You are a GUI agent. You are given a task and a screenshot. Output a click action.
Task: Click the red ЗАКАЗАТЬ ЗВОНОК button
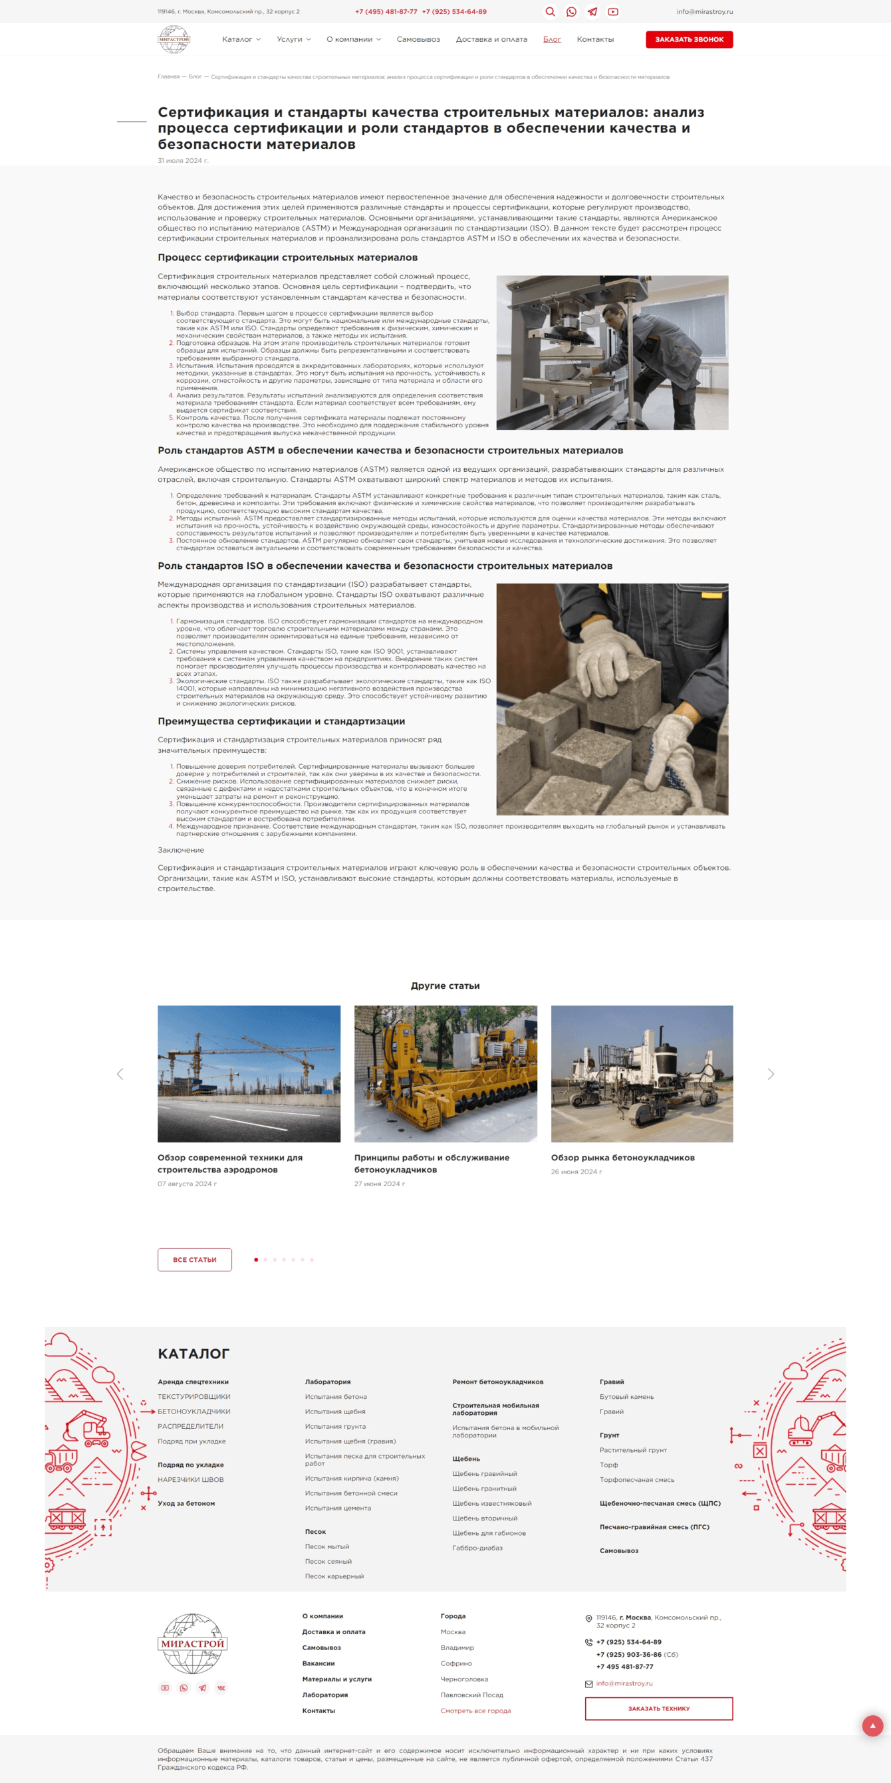coord(689,39)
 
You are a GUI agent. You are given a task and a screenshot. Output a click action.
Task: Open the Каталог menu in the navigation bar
coord(241,39)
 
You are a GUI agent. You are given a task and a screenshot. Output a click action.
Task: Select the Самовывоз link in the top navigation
coord(418,39)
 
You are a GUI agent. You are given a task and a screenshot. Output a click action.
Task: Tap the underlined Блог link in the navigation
coord(552,39)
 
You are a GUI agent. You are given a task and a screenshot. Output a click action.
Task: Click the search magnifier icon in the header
coord(551,12)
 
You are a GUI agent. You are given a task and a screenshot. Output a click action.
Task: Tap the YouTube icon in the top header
coord(612,12)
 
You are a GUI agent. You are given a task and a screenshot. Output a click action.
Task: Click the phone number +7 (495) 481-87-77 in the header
coord(386,12)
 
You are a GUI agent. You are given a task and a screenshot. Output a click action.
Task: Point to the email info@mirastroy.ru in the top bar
coord(704,12)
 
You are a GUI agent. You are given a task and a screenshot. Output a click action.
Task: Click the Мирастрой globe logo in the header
coord(174,39)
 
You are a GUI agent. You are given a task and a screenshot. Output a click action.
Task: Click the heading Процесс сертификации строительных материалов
coord(287,257)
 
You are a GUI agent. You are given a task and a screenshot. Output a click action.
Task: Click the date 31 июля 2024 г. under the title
coord(183,161)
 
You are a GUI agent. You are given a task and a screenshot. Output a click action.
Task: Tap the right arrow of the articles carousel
coord(771,1073)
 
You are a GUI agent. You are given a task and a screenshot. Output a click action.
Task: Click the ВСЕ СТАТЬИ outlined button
coord(195,1259)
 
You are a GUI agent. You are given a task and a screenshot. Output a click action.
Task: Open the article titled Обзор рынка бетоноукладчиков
coord(622,1157)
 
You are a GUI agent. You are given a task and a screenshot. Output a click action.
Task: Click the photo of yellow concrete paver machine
coord(445,1073)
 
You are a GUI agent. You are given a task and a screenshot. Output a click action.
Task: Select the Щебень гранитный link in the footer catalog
coord(484,1488)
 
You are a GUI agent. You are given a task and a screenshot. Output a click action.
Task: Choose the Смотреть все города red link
coord(475,1711)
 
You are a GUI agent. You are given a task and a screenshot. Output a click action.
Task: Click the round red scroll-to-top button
coord(872,1726)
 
